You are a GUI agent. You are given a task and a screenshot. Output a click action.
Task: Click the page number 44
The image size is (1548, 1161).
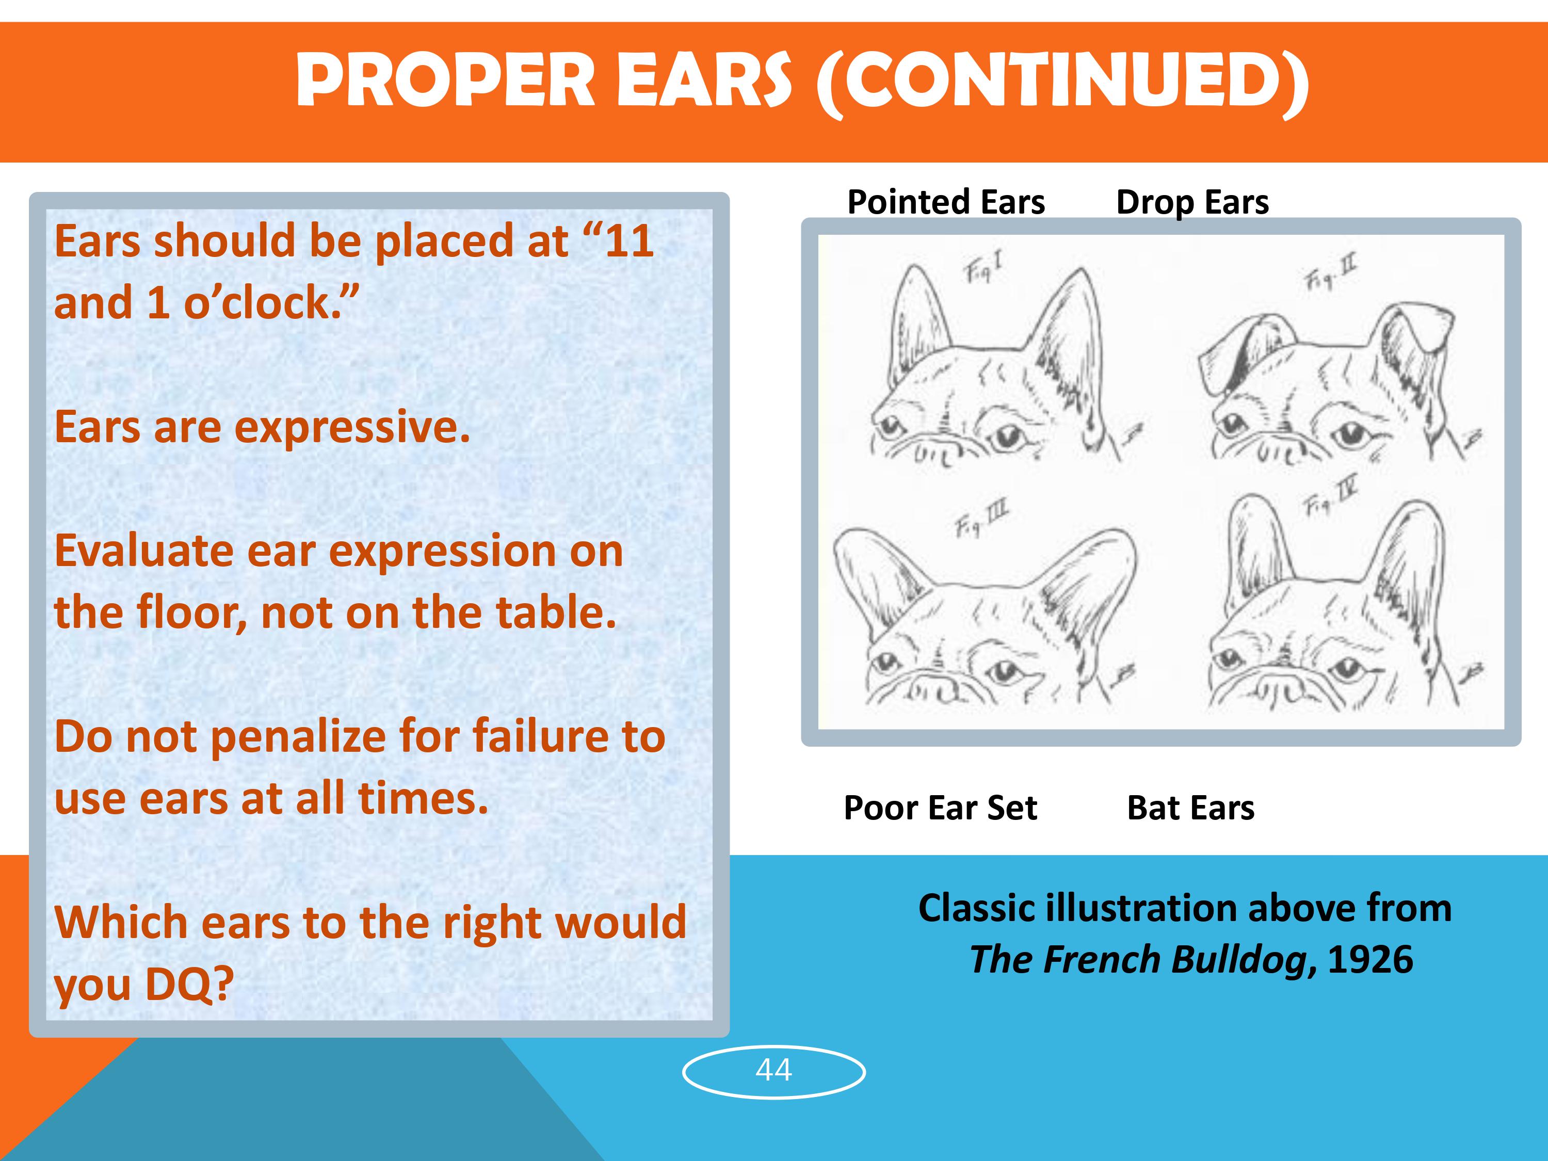coord(773,1070)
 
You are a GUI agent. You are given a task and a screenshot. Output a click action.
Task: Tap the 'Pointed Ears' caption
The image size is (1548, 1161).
coord(946,202)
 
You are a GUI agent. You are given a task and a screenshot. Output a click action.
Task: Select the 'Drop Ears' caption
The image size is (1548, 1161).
coord(1192,203)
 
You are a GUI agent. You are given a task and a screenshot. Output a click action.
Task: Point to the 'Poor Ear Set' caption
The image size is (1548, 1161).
coord(941,808)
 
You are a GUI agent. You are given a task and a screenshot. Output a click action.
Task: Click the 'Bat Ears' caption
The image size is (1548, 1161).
coord(1190,808)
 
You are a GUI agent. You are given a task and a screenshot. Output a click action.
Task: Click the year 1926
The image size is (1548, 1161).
coord(1370,959)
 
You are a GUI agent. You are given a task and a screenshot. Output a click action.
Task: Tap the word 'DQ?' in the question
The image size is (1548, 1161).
coord(189,983)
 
